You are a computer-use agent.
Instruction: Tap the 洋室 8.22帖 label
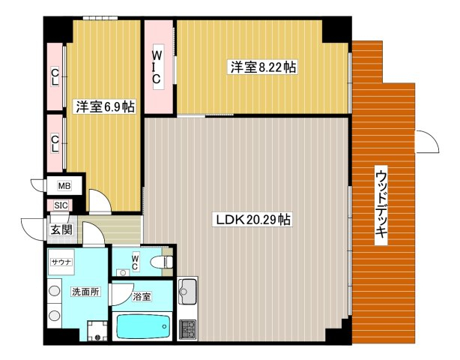point(263,67)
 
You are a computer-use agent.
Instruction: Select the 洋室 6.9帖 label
point(106,106)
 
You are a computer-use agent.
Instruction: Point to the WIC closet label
point(157,67)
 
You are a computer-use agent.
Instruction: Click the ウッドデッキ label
point(381,205)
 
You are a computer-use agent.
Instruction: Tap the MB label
point(64,186)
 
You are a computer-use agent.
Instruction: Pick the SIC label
point(61,205)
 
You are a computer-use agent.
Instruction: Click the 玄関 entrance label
point(61,229)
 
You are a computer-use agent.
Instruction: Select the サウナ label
point(61,262)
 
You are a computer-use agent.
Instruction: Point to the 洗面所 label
point(86,292)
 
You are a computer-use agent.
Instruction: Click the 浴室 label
point(142,296)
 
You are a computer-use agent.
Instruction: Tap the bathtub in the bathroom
point(143,326)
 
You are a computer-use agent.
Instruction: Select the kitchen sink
point(187,292)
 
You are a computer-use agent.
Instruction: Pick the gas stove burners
point(188,329)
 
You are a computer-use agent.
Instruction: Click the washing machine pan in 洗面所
point(97,331)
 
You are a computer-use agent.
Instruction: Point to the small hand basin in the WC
point(123,273)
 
